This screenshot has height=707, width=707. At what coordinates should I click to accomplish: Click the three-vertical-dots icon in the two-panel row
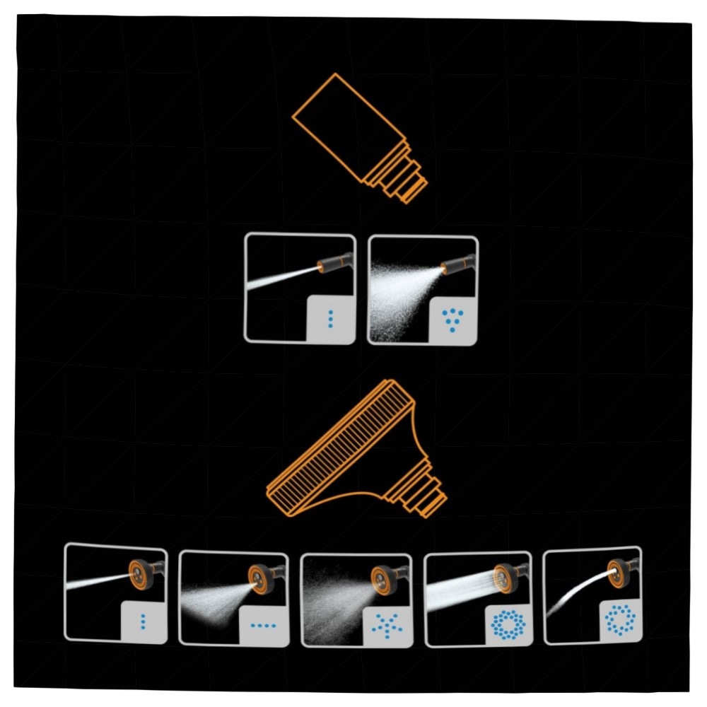coord(330,320)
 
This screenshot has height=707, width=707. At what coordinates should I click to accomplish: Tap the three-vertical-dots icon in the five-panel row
coord(144,621)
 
